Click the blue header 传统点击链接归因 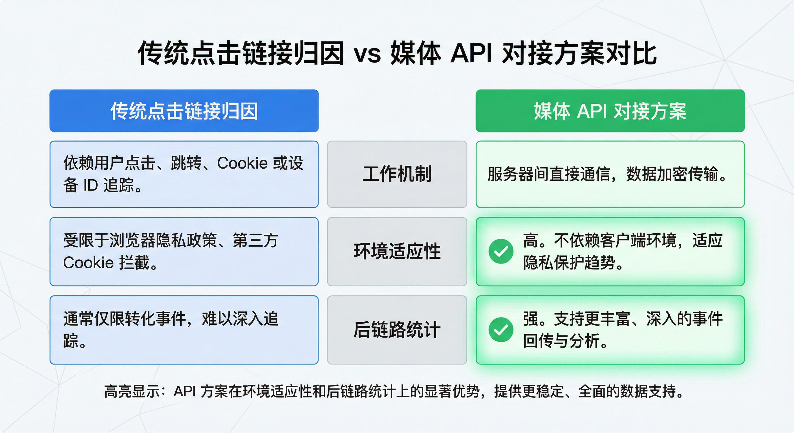click(x=184, y=111)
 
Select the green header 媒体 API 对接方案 click(x=610, y=111)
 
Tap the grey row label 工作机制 click(x=397, y=174)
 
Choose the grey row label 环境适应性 click(x=397, y=251)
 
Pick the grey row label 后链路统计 click(x=397, y=330)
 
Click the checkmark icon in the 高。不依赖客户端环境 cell click(x=501, y=251)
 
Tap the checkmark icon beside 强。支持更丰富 click(x=501, y=330)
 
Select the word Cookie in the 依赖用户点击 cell click(x=242, y=163)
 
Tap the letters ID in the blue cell click(x=91, y=185)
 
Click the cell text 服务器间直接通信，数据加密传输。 click(x=607, y=174)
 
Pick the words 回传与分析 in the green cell click(x=561, y=341)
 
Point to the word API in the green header click(x=592, y=111)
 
